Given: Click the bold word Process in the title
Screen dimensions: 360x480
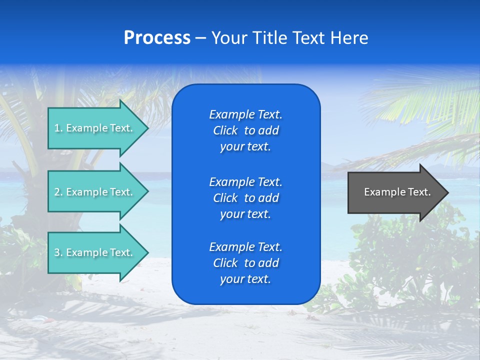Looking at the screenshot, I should tap(157, 38).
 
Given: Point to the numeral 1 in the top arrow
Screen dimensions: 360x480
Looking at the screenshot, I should tap(57, 128).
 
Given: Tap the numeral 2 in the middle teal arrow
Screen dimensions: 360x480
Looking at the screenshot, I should tap(57, 192).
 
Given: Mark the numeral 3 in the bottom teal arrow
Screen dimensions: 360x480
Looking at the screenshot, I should tap(57, 252).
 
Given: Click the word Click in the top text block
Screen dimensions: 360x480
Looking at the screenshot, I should tap(225, 130).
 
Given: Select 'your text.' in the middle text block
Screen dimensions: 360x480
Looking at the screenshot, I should tap(245, 214).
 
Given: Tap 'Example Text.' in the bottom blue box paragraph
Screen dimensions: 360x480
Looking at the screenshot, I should tap(245, 247).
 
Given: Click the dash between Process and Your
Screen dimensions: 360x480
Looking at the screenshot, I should tap(200, 38).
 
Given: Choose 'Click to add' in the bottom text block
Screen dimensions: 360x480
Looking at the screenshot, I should tap(245, 263).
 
